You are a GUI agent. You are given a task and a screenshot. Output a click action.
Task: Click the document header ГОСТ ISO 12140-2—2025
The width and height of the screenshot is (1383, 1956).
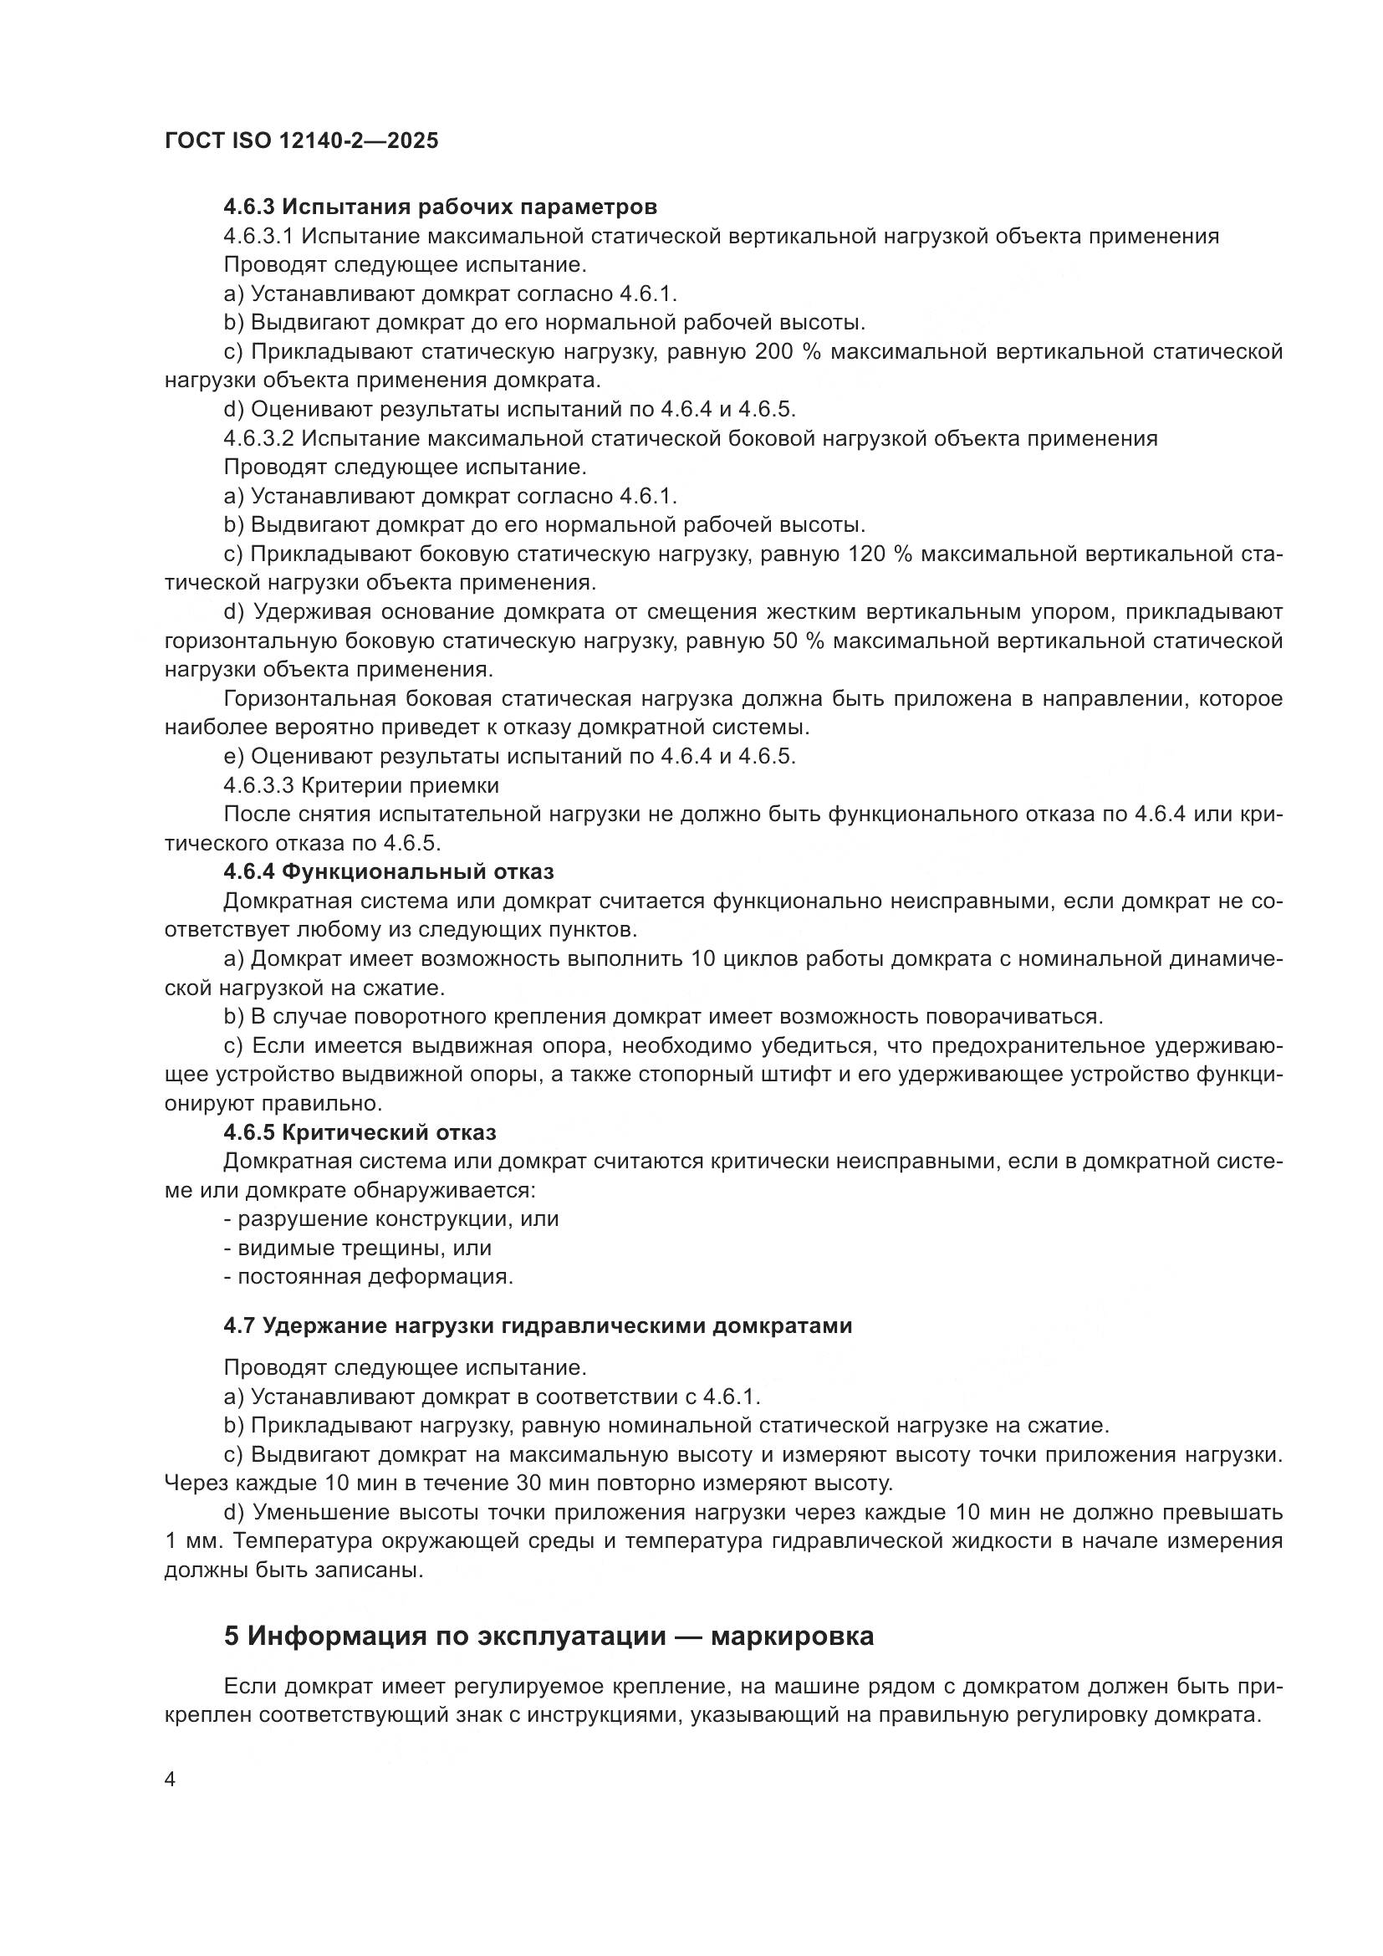tap(302, 141)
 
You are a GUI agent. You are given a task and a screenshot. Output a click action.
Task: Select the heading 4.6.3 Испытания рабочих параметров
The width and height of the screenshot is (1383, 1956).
tap(441, 207)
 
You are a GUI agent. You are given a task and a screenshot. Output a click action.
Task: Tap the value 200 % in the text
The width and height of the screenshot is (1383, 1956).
tap(788, 352)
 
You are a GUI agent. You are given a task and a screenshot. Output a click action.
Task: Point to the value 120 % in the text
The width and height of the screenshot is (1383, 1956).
tap(880, 554)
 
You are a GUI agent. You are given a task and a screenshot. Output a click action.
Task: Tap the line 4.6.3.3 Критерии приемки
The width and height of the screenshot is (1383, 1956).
tap(361, 784)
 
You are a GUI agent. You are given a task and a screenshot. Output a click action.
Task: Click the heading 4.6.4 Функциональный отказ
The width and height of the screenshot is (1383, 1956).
tap(388, 871)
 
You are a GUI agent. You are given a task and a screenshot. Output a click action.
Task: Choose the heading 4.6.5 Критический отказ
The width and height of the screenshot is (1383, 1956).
tap(360, 1132)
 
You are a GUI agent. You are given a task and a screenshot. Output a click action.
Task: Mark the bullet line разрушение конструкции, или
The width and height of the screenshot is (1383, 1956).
tap(391, 1219)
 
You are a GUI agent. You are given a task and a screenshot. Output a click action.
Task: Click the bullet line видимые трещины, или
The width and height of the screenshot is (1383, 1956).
tap(358, 1248)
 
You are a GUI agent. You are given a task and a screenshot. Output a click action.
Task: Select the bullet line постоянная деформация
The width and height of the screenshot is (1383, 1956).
tap(369, 1277)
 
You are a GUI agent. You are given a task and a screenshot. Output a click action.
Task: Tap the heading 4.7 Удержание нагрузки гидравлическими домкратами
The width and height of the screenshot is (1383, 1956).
tap(538, 1325)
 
